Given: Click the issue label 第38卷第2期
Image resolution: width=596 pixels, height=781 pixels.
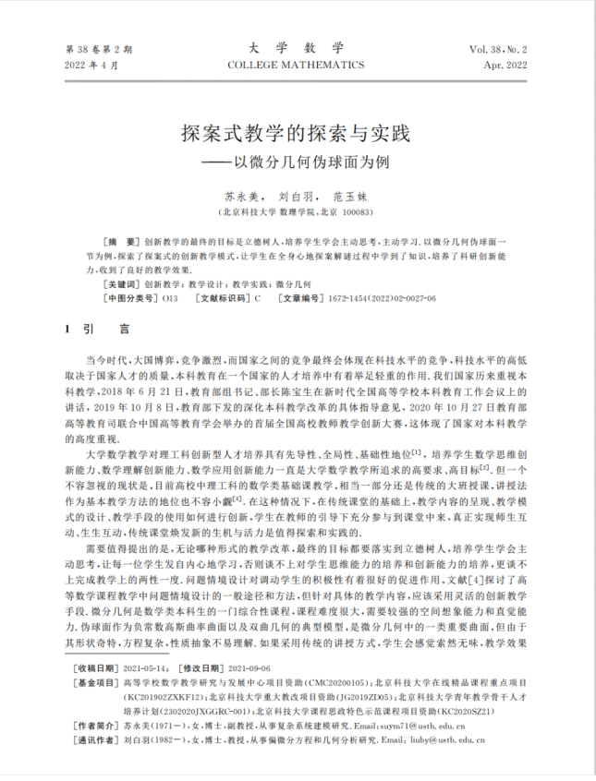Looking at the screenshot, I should tap(99, 48).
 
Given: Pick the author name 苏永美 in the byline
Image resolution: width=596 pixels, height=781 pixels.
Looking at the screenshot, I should tap(241, 196).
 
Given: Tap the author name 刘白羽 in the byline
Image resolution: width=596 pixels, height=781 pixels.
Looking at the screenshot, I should tap(295, 196).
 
